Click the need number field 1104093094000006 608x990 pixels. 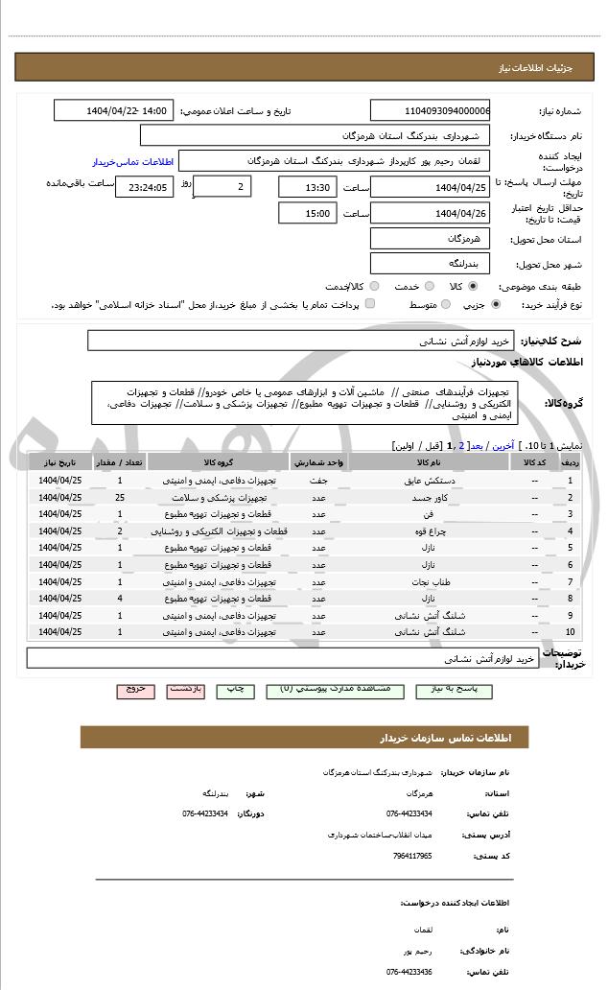tap(430, 110)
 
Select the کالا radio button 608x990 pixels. tap(473, 286)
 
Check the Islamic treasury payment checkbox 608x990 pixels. tap(370, 304)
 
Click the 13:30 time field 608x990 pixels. tap(307, 187)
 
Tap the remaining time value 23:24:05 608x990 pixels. tap(145, 187)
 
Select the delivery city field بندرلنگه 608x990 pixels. tap(430, 263)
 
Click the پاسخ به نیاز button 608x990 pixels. tap(477, 690)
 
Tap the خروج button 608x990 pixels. tap(135, 690)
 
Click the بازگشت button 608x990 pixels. tap(186, 690)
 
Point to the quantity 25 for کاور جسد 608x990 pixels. tap(120, 498)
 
